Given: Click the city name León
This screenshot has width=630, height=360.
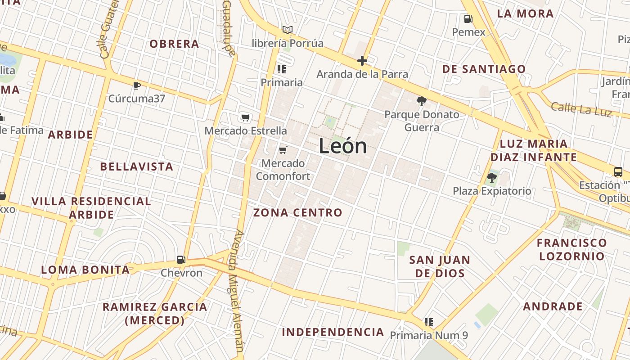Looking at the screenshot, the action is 343,146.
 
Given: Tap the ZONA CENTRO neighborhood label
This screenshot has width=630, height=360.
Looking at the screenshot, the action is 298,212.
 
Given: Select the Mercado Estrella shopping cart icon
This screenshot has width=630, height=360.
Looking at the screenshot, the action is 245,118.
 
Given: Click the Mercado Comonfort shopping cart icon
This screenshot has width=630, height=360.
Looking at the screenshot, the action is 283,150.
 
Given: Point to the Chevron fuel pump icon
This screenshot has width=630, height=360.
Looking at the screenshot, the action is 181,259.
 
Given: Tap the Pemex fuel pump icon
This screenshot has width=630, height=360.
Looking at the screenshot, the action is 468,19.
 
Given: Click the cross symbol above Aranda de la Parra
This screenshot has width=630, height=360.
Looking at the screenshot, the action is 362,61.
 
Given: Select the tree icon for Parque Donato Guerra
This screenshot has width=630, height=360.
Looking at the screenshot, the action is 421,101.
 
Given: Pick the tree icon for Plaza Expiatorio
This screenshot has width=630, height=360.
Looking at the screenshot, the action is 491,177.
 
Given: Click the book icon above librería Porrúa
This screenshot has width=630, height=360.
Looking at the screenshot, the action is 288,30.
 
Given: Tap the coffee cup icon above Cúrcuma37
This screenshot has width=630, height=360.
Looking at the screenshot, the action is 137,85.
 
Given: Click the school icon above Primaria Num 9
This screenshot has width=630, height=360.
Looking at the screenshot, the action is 429,322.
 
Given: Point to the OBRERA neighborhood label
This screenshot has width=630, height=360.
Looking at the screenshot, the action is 174,44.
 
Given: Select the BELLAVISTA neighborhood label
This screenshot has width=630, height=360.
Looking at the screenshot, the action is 136,166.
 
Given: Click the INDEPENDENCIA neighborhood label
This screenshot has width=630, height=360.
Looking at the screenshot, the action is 333,332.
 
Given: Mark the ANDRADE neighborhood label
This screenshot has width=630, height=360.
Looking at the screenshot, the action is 553,306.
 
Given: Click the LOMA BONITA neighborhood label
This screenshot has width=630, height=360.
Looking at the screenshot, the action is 85,270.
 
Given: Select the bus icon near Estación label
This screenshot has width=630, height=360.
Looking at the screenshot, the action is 618,171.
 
